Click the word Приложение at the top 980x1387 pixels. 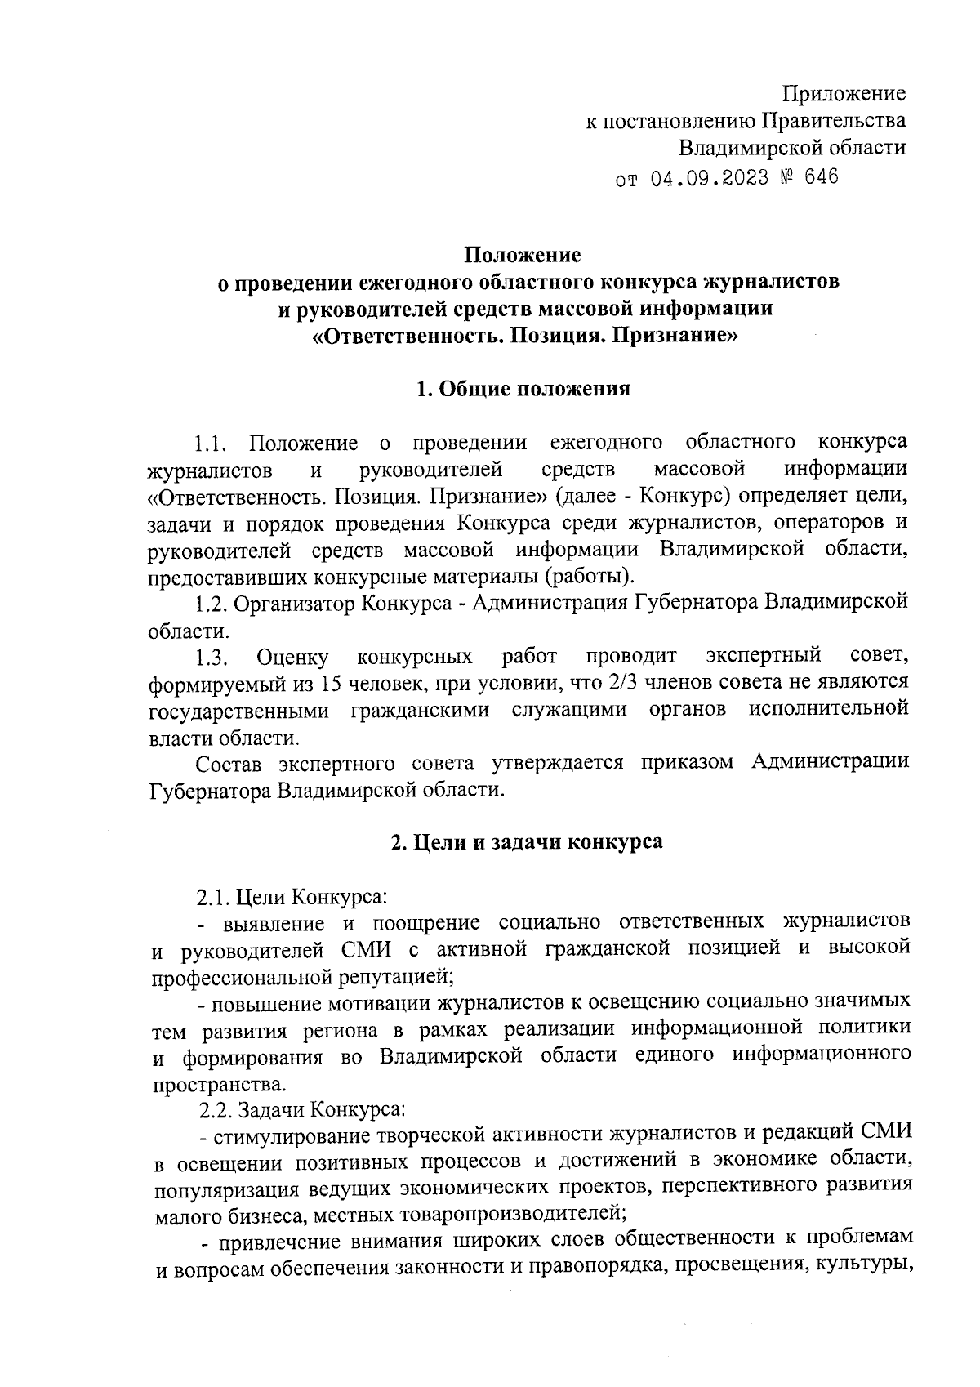844,93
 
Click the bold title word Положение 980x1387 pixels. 523,255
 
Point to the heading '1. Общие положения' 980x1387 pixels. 523,389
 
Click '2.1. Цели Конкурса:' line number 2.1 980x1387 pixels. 213,897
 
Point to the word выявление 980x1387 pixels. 273,923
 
